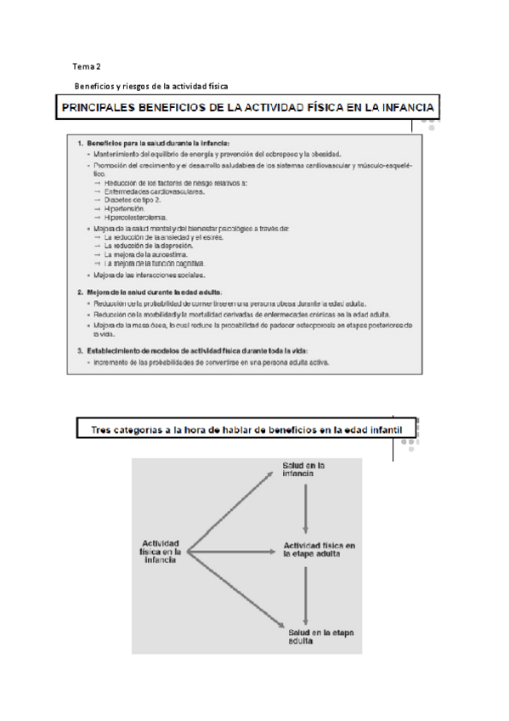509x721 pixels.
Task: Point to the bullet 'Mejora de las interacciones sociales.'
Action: point(154,275)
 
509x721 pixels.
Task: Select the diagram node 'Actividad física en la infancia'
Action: point(161,551)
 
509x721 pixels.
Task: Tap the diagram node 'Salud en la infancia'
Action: point(304,470)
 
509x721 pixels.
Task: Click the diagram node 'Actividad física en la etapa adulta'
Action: point(319,548)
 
